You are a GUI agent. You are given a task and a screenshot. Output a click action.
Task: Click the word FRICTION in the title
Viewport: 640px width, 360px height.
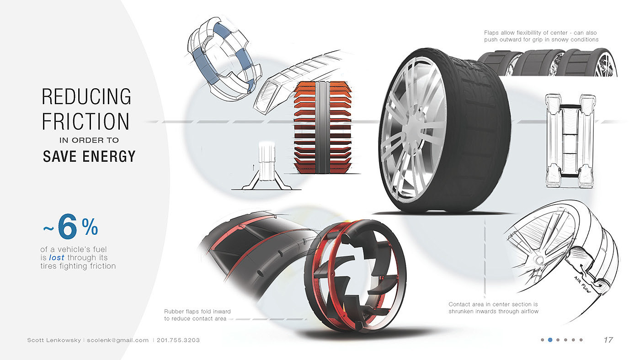pos(86,122)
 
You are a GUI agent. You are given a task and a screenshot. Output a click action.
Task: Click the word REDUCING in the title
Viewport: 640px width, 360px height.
pos(86,97)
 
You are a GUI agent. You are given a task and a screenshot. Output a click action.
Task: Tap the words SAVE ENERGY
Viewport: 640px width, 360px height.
pos(89,157)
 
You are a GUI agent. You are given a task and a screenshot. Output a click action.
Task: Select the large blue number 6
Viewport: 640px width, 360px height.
pos(67,228)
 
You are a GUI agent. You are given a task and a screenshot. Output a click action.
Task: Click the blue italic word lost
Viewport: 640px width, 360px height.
pos(56,258)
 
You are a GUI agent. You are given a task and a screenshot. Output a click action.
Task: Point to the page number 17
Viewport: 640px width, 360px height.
pos(608,340)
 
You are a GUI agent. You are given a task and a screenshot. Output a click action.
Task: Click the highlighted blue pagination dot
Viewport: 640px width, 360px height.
pos(550,340)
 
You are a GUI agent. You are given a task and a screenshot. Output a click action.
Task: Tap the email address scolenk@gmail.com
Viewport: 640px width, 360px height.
pos(118,340)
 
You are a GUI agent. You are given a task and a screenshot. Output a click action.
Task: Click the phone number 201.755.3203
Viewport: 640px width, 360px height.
pos(178,340)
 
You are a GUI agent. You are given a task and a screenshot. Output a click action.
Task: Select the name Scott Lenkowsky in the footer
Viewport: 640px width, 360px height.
pos(54,340)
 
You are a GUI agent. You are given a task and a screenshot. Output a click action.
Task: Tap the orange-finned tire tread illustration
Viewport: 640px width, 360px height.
pos(323,128)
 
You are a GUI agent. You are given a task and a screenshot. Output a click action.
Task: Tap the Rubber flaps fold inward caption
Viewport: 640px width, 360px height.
pos(197,315)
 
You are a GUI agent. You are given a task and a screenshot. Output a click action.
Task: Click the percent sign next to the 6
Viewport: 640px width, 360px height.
pos(90,227)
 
